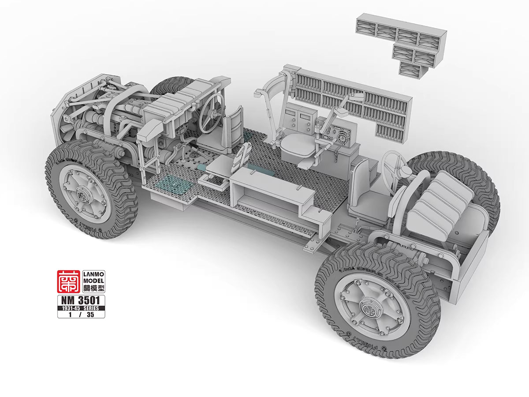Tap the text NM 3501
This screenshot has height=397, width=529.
coord(80,300)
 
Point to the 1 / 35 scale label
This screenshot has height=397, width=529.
coord(80,315)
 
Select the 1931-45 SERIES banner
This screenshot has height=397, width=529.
coord(80,308)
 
